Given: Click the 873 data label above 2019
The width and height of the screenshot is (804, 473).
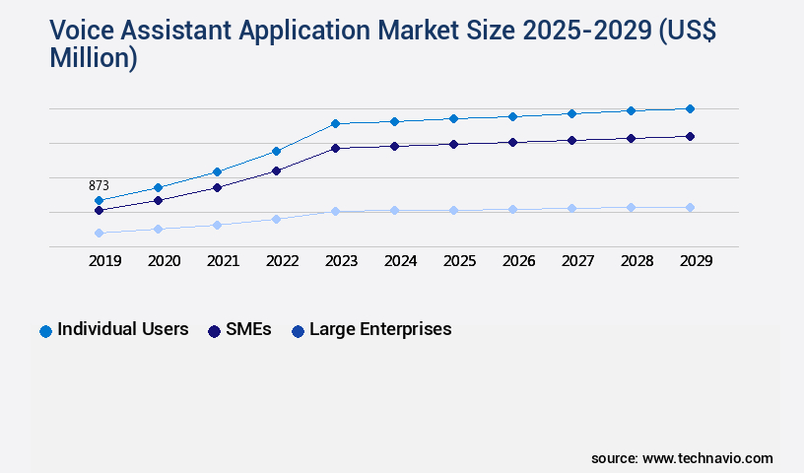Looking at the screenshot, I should coord(99,185).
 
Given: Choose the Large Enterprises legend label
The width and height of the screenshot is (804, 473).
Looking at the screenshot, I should coord(380,329).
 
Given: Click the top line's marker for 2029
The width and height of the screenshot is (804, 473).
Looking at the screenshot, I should coord(690,108).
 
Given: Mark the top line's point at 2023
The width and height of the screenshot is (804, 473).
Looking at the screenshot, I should coord(335,123).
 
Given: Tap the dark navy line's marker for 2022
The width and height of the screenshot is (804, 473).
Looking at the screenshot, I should coord(276,170).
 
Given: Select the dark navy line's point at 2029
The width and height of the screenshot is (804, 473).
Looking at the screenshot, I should coord(690,136).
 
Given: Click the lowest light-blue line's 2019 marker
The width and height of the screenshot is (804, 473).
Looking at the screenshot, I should coord(99,233).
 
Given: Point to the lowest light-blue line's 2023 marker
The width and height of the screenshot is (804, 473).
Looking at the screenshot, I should coord(335,211).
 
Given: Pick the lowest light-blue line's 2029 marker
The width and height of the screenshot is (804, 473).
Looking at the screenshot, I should coord(690,207).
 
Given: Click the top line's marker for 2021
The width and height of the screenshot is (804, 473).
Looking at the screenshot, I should coord(217,171).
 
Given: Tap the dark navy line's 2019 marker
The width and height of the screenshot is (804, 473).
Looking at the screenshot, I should coord(99,210).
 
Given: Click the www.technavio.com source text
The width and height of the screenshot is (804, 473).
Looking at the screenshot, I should coord(707,458).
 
